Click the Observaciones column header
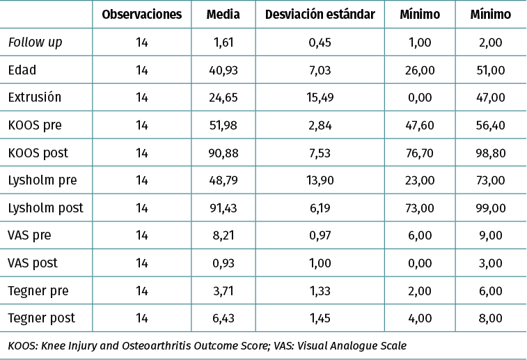coord(141,14)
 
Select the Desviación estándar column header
coord(320,14)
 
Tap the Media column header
coord(223,14)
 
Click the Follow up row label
coord(35,42)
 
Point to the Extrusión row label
coord(34,97)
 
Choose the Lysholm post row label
coord(45,208)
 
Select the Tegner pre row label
coord(38,291)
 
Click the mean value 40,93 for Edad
coord(224,70)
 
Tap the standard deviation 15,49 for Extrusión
coord(320,97)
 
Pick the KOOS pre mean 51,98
coord(224,125)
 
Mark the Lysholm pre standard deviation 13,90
coord(320,180)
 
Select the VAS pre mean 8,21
coord(224,235)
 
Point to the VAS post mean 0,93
coord(224,263)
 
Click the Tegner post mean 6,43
coord(224,318)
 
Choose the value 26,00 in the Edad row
coord(420,70)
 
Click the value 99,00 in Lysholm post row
coord(490,208)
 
